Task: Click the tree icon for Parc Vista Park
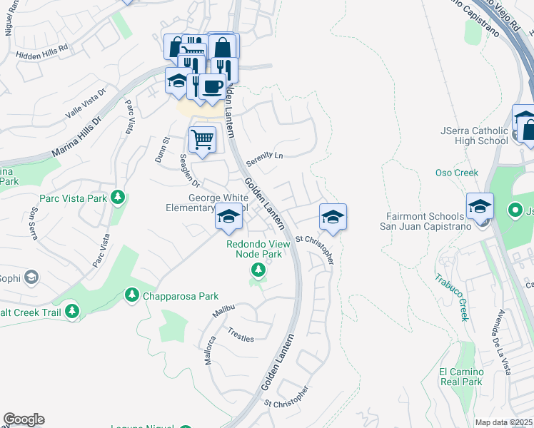tap(118, 198)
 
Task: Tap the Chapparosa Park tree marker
tap(131, 295)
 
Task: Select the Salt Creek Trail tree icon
tap(71, 310)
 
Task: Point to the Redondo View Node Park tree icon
tap(258, 270)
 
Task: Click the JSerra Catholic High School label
tap(474, 136)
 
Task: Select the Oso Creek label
tap(457, 173)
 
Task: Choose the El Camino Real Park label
tap(461, 377)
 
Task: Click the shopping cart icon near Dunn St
tap(203, 139)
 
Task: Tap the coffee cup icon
tap(211, 87)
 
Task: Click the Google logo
tap(24, 419)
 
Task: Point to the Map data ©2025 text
tap(504, 422)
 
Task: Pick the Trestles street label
tap(241, 335)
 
